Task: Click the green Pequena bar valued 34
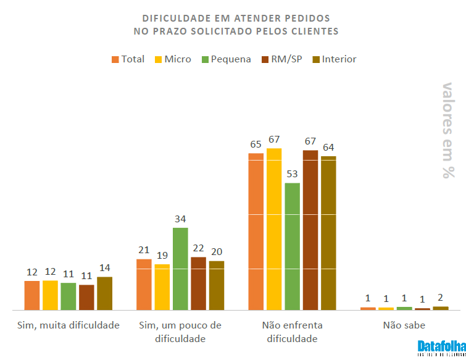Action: tap(180, 269)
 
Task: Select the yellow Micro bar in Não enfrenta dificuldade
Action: tap(274, 228)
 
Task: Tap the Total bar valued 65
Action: tap(256, 231)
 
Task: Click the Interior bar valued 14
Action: tap(104, 293)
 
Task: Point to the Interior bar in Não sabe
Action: tap(441, 308)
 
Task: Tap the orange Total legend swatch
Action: tap(115, 59)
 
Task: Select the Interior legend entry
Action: tap(334, 59)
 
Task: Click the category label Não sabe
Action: tap(404, 325)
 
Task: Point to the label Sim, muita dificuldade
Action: tap(67, 325)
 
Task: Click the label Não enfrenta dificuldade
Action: tap(292, 332)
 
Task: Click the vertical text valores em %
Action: tap(449, 130)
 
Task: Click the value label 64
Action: tap(328, 147)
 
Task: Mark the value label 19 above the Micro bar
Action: tap(162, 255)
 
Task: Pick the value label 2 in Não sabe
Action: tap(441, 297)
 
